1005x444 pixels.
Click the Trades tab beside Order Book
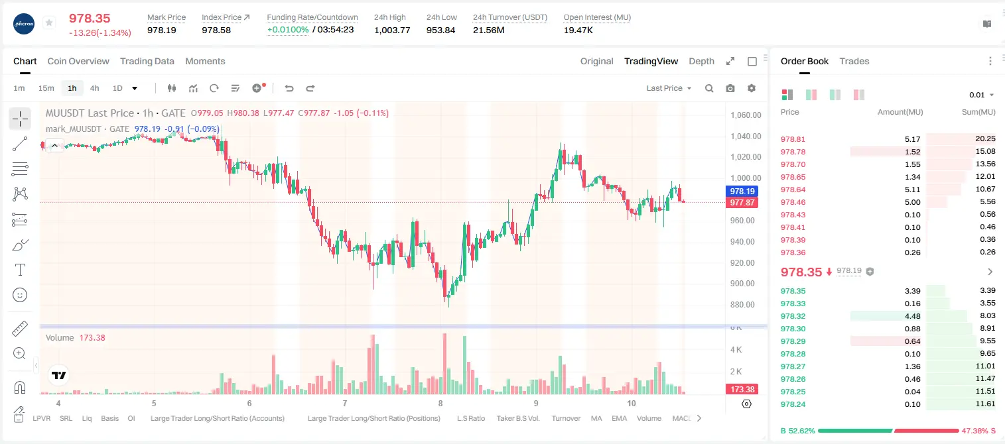pos(854,61)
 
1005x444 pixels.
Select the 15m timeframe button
pos(46,88)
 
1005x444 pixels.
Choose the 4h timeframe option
pos(94,88)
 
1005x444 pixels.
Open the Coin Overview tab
pos(78,61)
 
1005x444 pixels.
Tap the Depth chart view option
pos(701,61)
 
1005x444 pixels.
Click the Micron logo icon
pos(24,24)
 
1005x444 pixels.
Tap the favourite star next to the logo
pos(49,23)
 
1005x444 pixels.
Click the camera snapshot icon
pos(730,88)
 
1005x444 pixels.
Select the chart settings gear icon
pos(752,88)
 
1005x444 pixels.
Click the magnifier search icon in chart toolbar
pos(709,88)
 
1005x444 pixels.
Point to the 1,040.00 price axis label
pos(746,137)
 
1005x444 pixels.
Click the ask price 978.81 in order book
pos(793,139)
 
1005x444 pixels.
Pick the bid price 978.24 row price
pos(793,404)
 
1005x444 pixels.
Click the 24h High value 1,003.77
pos(391,30)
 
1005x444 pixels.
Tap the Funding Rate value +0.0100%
pos(288,30)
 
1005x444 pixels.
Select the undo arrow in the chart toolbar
pos(289,88)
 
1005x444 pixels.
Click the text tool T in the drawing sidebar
pos(20,270)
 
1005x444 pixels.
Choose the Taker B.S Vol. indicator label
pos(517,418)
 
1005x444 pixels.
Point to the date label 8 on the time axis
pos(440,403)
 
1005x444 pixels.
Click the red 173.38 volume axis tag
pos(742,390)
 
